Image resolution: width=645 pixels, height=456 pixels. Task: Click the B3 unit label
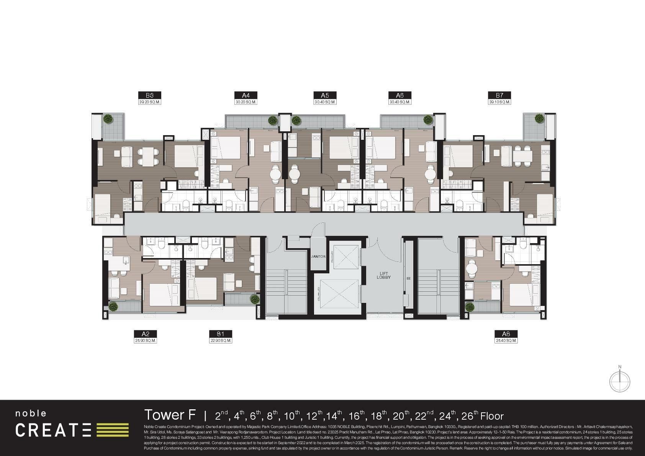pyautogui.click(x=149, y=95)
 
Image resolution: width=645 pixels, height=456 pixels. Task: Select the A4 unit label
pyautogui.click(x=246, y=95)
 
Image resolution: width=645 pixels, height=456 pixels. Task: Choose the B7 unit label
pyautogui.click(x=499, y=95)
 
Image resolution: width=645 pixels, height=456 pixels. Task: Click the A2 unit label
pyautogui.click(x=145, y=334)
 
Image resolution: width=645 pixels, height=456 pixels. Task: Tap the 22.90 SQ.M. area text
pyautogui.click(x=221, y=340)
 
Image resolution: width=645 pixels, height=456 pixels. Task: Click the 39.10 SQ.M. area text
pyautogui.click(x=499, y=102)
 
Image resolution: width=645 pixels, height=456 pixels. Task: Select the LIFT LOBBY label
pyautogui.click(x=383, y=275)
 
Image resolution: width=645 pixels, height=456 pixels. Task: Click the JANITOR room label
pyautogui.click(x=318, y=257)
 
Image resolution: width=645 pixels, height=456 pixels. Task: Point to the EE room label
pyautogui.click(x=409, y=278)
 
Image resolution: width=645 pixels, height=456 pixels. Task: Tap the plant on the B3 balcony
pyautogui.click(x=108, y=119)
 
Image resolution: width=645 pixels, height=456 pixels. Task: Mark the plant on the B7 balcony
pyautogui.click(x=539, y=118)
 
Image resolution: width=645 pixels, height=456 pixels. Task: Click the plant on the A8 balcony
pyautogui.click(x=470, y=307)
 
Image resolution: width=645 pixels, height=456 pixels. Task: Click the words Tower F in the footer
pyautogui.click(x=170, y=415)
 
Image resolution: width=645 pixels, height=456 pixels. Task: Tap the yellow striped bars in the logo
pyautogui.click(x=112, y=430)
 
